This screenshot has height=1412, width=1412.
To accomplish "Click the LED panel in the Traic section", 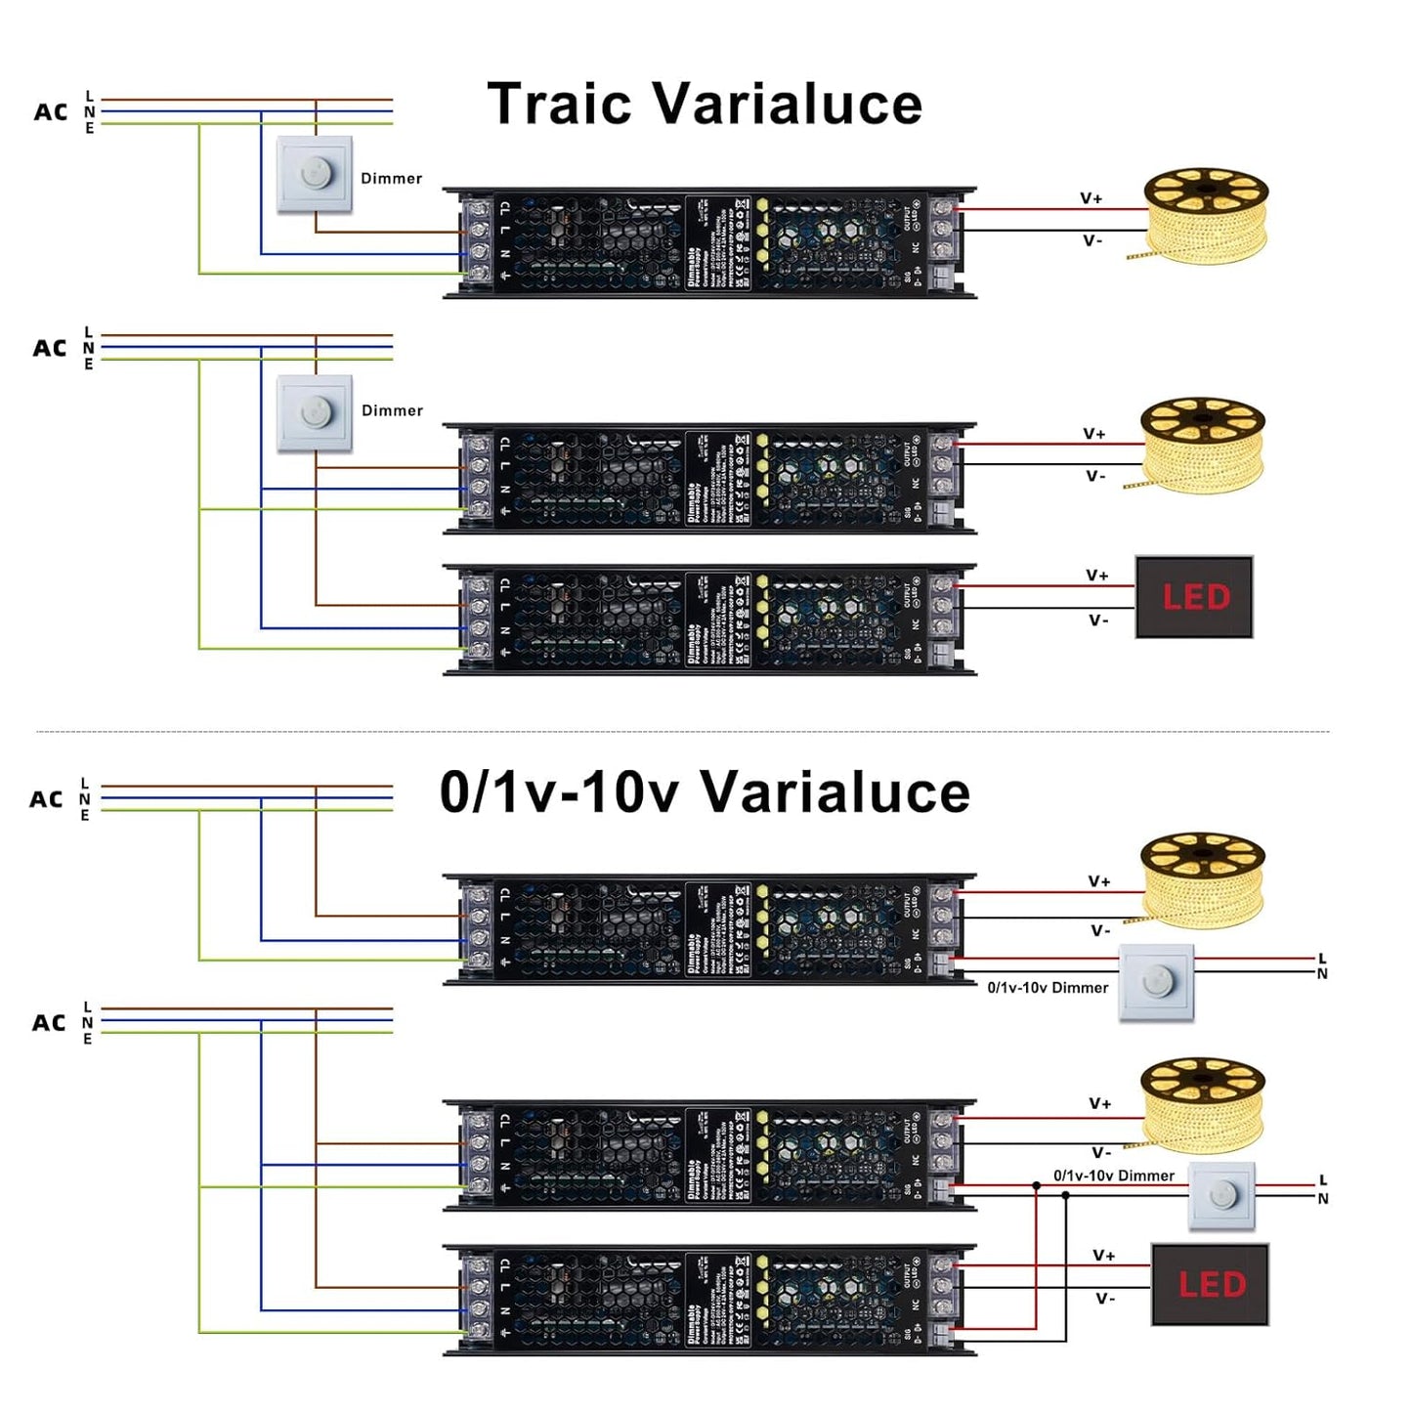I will point(1194,597).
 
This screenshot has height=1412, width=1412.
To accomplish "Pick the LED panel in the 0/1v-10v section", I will point(1210,1285).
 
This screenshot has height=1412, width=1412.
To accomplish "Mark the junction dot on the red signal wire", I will point(1037,1185).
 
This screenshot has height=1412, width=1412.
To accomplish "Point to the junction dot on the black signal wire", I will point(1065,1195).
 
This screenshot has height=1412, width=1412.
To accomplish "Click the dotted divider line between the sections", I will point(684,731).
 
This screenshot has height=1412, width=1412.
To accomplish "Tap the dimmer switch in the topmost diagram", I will point(315,174).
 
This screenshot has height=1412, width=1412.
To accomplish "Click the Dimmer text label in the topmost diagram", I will point(392,179).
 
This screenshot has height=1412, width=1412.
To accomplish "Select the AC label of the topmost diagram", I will point(51,112).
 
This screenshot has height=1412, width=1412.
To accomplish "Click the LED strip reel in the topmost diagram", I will point(1205,213).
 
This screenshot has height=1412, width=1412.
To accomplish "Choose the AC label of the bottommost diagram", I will point(49,1023).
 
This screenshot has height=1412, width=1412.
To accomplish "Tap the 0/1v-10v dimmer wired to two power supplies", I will point(1221,1195).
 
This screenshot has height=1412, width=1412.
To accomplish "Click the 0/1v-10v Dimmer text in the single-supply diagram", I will point(1048,988).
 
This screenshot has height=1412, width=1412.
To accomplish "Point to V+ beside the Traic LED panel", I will point(1097,576).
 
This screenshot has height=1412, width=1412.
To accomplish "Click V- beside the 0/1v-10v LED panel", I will point(1105,1299).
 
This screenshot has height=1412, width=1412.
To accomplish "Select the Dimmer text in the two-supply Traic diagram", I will point(393,410).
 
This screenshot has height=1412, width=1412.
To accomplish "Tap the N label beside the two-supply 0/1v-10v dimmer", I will point(1323,1199).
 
